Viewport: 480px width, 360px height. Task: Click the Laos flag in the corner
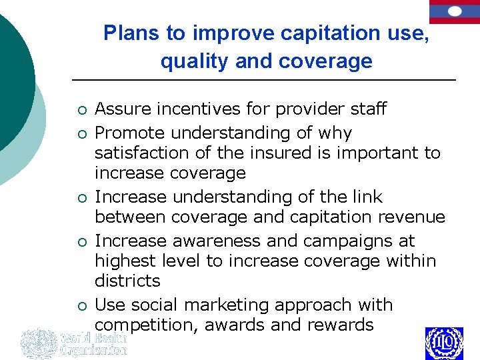click(x=455, y=12)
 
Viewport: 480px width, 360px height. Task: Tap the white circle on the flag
click(x=455, y=11)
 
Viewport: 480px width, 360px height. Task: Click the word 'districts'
click(x=127, y=281)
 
